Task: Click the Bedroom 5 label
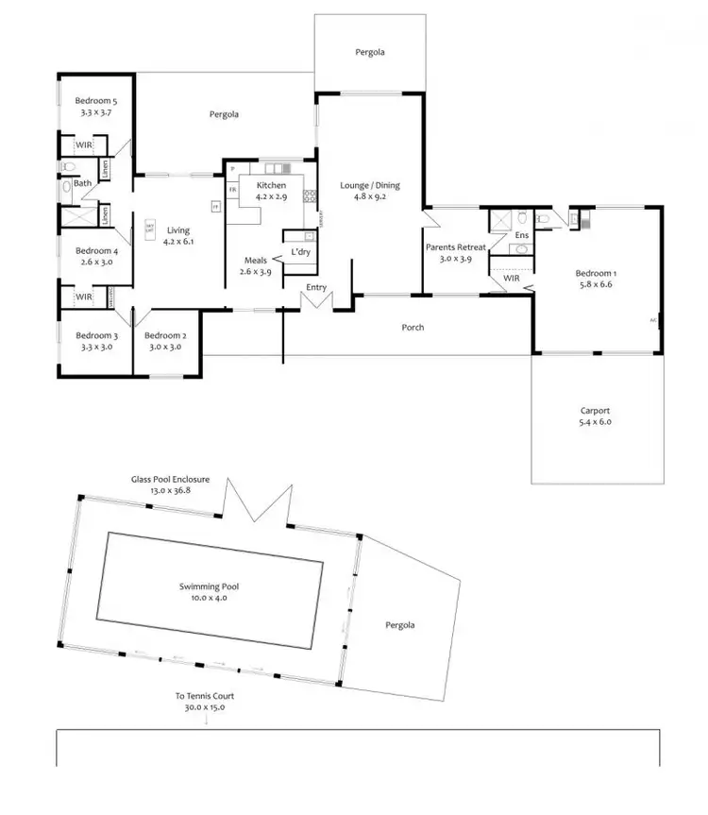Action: pos(95,100)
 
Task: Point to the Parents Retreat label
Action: pos(455,247)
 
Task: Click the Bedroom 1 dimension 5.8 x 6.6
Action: pos(594,283)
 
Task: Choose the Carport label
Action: pos(595,411)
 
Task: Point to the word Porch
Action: pos(412,328)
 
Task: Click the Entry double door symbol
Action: pos(316,300)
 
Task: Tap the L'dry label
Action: pos(301,252)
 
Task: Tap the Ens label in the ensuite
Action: pos(521,235)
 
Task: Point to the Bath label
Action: pos(83,183)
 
